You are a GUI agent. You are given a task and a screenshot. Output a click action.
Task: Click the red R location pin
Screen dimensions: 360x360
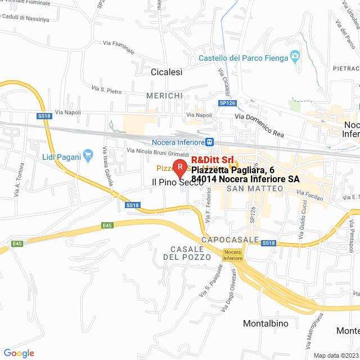pyautogui.click(x=179, y=167)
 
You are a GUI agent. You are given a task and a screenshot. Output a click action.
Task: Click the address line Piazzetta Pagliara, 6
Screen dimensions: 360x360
pyautogui.click(x=233, y=170)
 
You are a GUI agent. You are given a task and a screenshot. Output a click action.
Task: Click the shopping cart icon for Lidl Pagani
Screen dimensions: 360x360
pyautogui.click(x=88, y=154)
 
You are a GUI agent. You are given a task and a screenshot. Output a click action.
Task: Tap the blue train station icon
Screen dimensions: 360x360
pyautogui.click(x=209, y=142)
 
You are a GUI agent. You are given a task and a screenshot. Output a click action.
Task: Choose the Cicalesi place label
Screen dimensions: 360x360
pyautogui.click(x=167, y=72)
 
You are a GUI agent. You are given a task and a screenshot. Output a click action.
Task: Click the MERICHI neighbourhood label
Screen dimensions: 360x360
pyautogui.click(x=164, y=96)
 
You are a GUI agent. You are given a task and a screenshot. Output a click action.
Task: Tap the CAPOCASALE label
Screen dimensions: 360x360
pyautogui.click(x=231, y=240)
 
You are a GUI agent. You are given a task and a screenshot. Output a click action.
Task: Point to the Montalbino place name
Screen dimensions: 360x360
pyautogui.click(x=265, y=323)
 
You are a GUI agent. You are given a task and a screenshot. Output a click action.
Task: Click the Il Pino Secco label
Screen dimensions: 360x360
pyautogui.click(x=178, y=182)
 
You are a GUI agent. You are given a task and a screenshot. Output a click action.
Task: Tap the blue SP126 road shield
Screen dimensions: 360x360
pyautogui.click(x=227, y=103)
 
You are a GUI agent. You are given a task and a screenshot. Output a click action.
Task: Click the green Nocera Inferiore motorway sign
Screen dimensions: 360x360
pyautogui.click(x=233, y=254)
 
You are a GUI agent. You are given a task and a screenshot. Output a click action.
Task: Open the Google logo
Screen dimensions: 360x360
pyautogui.click(x=19, y=353)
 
